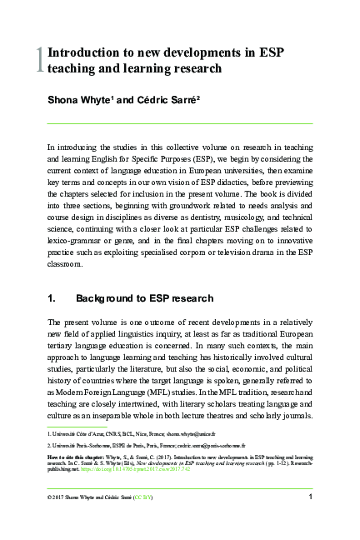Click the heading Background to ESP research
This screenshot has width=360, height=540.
pos(144,297)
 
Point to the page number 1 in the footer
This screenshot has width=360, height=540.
pos(310,497)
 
